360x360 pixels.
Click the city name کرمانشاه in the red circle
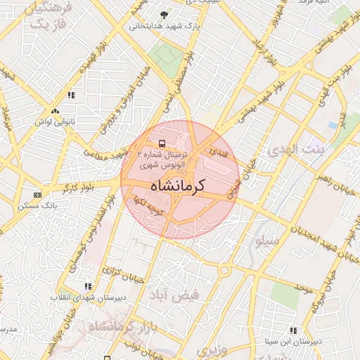(176, 186)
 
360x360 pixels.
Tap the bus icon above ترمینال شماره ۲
(162, 143)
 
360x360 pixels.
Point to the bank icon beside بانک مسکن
(37, 195)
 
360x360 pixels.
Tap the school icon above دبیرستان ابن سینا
(293, 330)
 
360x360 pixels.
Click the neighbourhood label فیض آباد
(174, 295)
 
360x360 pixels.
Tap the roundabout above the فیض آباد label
(224, 271)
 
